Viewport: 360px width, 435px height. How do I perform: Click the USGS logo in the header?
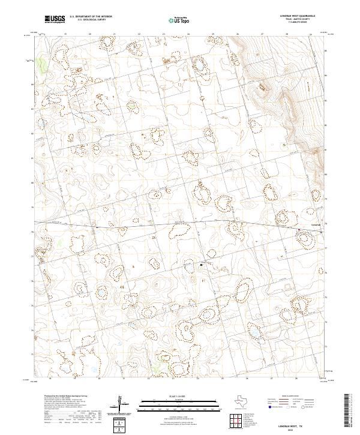point(55,19)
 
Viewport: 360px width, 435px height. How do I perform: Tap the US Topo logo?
point(174,20)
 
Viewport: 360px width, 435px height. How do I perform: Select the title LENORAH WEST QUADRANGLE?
point(298,16)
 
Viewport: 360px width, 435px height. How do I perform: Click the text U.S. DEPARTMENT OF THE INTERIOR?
point(91,17)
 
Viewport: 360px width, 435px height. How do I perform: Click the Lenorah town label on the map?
point(316,226)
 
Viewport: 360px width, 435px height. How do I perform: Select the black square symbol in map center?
point(202,264)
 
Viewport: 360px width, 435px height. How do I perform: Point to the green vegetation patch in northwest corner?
point(41,63)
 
